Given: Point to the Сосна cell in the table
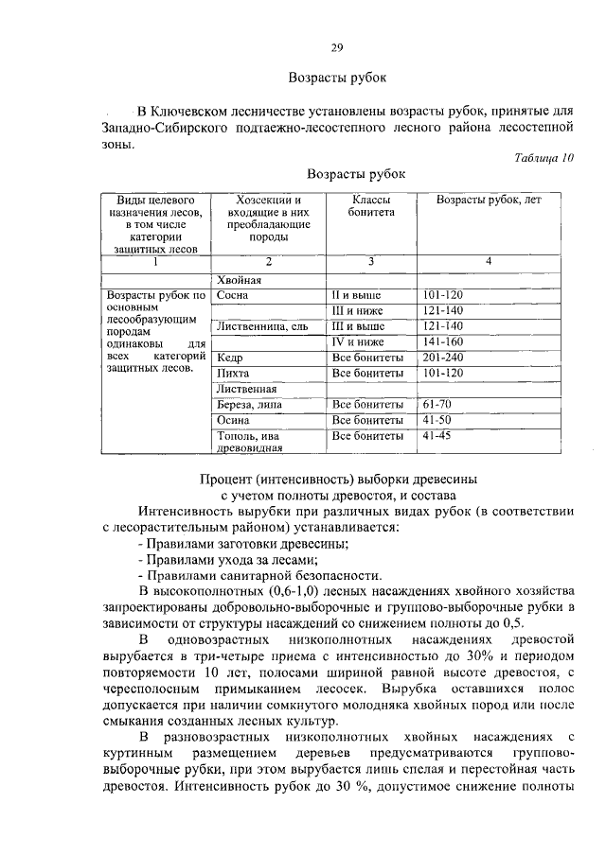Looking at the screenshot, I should [x=233, y=295].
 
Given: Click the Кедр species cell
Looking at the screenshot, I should [x=230, y=358].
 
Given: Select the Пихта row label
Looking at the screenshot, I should [x=233, y=373].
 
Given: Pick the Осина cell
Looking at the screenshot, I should [x=234, y=420].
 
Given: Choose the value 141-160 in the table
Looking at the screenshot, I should [x=443, y=341].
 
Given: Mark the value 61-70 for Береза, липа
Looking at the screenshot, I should [x=437, y=405].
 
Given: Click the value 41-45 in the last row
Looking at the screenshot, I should [x=437, y=436].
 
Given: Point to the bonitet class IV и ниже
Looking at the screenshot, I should [x=358, y=341].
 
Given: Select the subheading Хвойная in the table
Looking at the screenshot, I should [x=239, y=280].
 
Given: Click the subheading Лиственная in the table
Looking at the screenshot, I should [x=246, y=389].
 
